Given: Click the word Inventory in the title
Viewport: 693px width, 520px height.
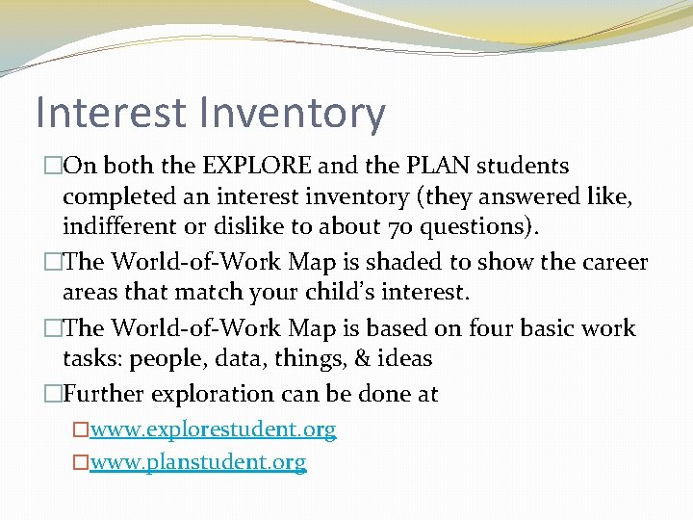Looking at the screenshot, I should pos(294,113).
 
